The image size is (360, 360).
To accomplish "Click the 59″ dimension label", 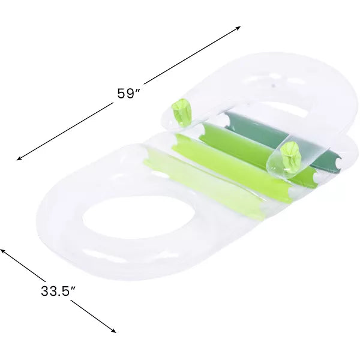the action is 128,93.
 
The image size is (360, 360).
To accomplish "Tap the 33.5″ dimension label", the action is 58,291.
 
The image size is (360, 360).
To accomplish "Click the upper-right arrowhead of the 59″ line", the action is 238,28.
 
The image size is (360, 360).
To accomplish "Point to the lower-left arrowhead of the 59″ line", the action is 19,158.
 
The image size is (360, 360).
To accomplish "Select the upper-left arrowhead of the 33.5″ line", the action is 2,250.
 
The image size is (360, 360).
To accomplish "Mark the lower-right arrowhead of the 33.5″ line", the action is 113,331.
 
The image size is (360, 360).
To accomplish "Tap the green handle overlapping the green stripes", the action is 290,157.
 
